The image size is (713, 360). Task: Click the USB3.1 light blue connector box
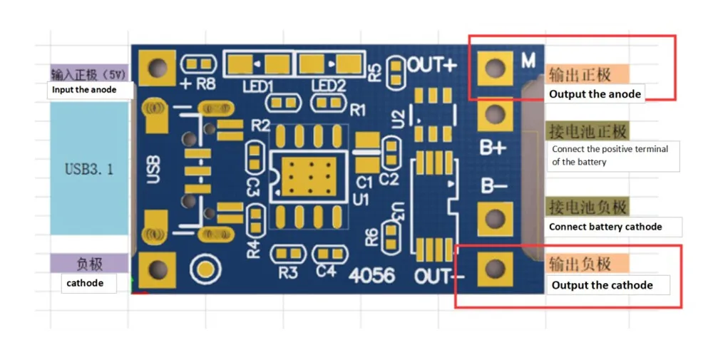[x=89, y=169]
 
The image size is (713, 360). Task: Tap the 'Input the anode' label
[x=84, y=90]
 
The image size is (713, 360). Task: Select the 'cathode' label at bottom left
[x=85, y=283]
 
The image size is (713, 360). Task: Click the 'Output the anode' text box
[x=595, y=94]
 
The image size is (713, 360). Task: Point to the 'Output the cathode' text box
[x=602, y=285]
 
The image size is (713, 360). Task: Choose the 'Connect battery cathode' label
[x=605, y=227]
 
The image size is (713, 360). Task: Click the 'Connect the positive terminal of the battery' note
[x=611, y=155]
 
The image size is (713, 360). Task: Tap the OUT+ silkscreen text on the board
[x=432, y=65]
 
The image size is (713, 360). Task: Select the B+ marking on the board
[x=493, y=148]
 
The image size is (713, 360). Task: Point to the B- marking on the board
[x=493, y=186]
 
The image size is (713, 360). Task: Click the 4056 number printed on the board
[x=372, y=274]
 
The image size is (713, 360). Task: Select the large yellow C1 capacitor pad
[x=366, y=142]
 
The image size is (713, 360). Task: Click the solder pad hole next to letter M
[x=494, y=68]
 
